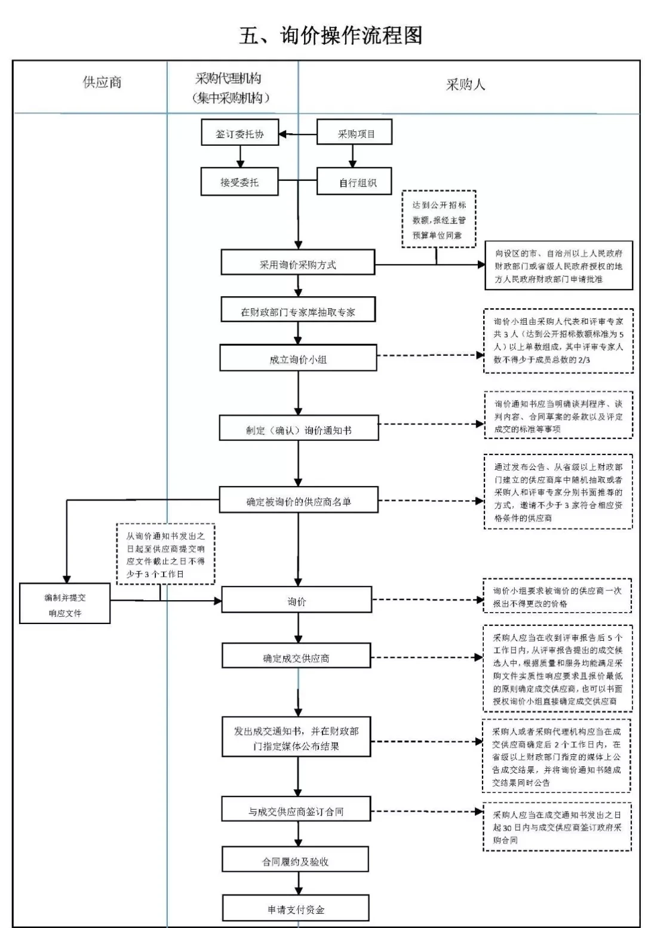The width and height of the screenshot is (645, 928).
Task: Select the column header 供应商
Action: click(102, 83)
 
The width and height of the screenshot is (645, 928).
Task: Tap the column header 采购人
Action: click(465, 85)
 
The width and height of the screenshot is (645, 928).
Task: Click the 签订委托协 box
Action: click(240, 134)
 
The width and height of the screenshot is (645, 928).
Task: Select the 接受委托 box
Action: click(239, 182)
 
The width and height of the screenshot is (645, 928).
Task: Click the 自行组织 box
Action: click(354, 182)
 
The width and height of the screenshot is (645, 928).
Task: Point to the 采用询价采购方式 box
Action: click(297, 263)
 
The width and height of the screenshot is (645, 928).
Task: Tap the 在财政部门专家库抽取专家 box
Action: click(298, 311)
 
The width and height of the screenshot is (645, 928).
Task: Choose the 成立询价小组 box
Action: click(298, 358)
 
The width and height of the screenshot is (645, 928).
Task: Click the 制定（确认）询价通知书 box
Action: click(299, 429)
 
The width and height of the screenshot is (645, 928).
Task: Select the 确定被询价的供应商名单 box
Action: click(299, 500)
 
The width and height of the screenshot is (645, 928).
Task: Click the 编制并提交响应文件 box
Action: click(65, 605)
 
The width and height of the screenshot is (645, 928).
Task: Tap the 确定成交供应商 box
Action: click(296, 657)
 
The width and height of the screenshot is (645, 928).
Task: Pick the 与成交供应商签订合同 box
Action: click(296, 810)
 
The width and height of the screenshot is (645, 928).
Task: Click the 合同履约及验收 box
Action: click(295, 861)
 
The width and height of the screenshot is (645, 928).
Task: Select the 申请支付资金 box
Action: click(296, 909)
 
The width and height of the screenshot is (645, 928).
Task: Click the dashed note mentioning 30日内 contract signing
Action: click(557, 826)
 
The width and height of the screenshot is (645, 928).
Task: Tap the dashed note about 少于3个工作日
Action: click(165, 555)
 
